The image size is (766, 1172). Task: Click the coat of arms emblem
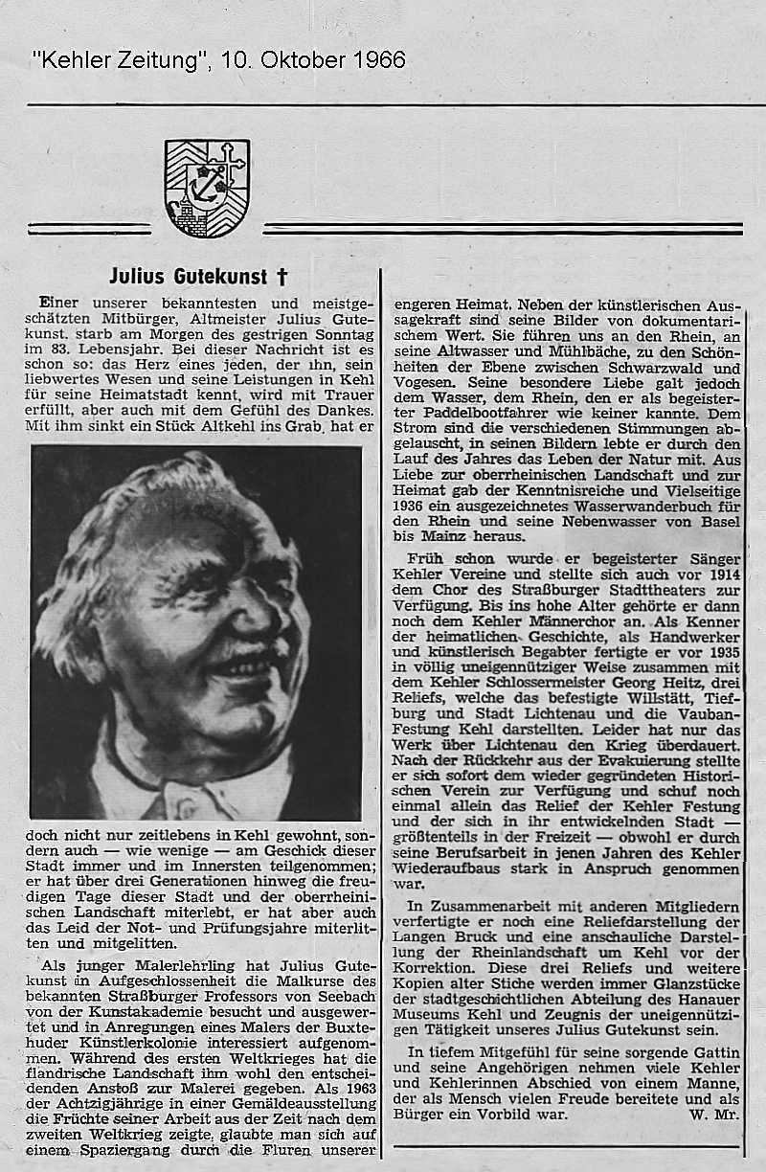(207, 187)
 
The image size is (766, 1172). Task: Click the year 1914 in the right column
(723, 575)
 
